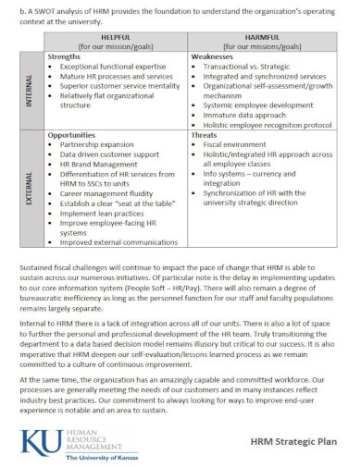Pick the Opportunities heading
(74, 135)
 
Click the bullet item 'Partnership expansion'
(99, 145)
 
